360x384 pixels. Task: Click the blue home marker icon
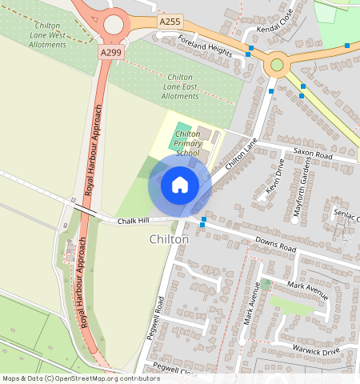click(180, 185)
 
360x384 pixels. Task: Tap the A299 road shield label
click(110, 51)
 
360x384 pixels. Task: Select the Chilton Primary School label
click(187, 143)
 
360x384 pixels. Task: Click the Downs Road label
click(275, 244)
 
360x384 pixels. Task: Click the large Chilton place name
click(169, 239)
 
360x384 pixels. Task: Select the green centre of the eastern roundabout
click(277, 65)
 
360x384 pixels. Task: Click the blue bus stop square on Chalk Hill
click(204, 220)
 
